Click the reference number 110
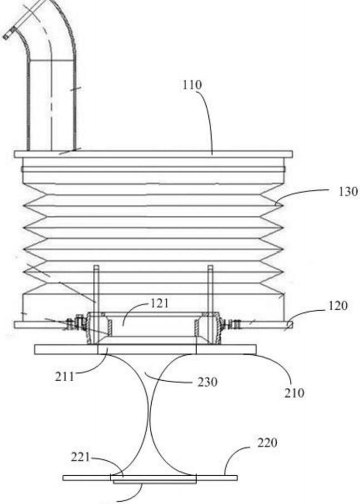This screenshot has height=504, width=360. tap(191, 85)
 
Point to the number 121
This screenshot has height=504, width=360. tap(160, 303)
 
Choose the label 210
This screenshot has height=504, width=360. tap(294, 393)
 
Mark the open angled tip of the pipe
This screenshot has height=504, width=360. tap(7, 35)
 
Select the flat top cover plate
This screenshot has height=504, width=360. tap(153, 154)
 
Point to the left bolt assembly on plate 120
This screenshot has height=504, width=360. tap(73, 322)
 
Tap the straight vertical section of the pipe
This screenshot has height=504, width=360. tap(51, 105)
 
